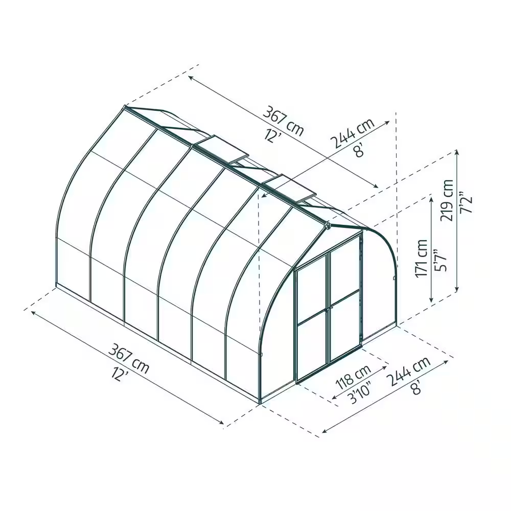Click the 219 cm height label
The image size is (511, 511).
click(448, 200)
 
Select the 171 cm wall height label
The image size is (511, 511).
click(422, 259)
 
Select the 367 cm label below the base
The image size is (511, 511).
click(129, 358)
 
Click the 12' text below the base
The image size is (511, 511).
click(118, 375)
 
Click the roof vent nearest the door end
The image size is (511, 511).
click(289, 188)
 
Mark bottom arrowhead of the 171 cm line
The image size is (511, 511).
click(432, 299)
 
